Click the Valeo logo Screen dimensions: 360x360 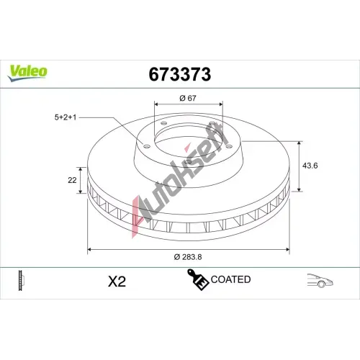(27, 73)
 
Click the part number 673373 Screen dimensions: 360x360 (180, 74)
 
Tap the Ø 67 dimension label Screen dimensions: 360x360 (188, 98)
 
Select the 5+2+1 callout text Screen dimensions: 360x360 (66, 117)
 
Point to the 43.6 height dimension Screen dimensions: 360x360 (310, 166)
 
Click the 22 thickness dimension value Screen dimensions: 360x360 (72, 180)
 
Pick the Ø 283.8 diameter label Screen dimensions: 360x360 (188, 257)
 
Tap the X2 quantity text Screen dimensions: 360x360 (117, 282)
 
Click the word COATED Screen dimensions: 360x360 (230, 279)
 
